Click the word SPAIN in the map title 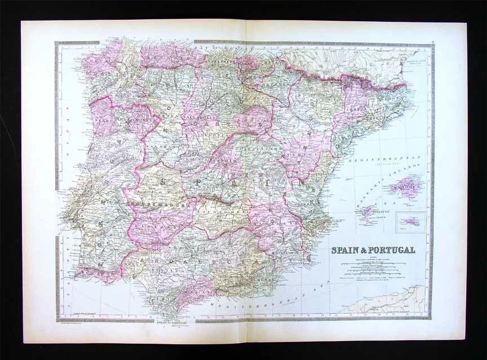346,250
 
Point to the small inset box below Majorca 409,221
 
